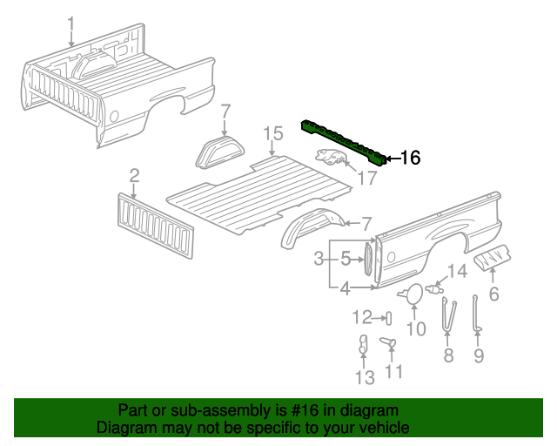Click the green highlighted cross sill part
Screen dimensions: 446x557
pos(344,139)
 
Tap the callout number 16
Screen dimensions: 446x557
pos(409,158)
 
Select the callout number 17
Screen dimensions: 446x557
pos(367,179)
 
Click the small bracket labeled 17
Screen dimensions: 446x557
pos(331,158)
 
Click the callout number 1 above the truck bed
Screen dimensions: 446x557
pos(71,24)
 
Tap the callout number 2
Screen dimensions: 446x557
pos(134,177)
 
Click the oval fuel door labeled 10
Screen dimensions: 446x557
pos(414,294)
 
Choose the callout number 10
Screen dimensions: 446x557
pos(416,328)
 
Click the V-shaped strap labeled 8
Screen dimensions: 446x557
pos(449,314)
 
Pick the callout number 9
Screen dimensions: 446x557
pos(478,355)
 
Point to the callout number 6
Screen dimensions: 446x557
pos(493,294)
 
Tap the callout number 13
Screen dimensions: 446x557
pos(365,376)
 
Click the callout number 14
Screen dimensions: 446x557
pos(457,271)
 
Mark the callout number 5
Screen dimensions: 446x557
pos(346,259)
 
